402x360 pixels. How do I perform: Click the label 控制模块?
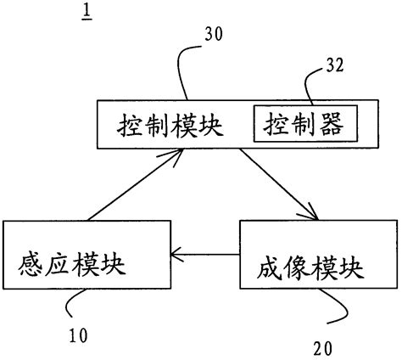[x=169, y=127]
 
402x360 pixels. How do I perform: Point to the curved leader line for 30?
[x=182, y=72]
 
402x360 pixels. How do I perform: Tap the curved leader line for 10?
[x=73, y=301]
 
